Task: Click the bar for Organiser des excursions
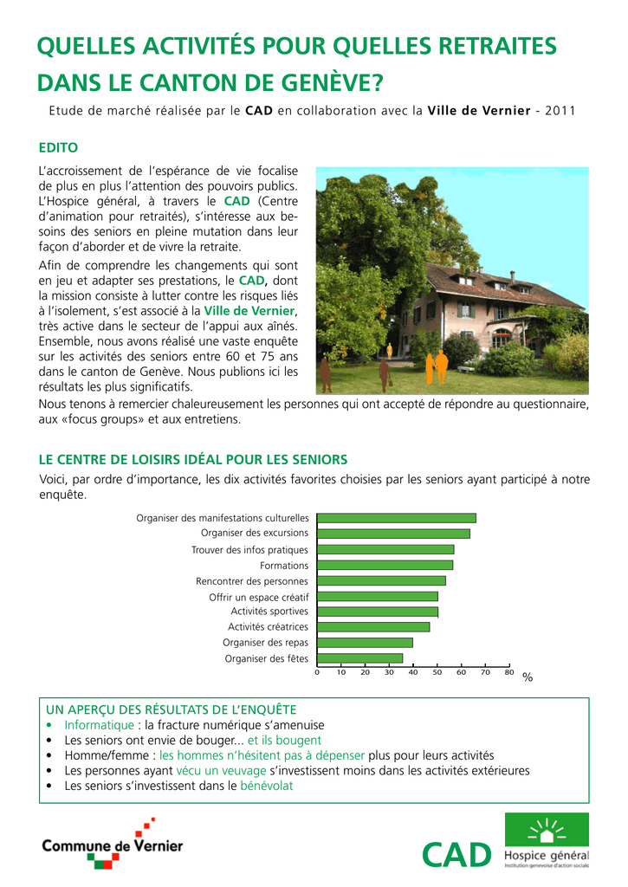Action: pos(393,534)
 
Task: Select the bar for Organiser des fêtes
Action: pos(359,658)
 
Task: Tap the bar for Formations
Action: pos(385,565)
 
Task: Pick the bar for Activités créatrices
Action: pos(373,627)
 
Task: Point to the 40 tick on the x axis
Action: pos(413,672)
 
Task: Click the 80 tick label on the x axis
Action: pos(509,672)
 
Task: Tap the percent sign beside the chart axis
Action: pos(528,678)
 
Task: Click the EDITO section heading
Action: pos(59,146)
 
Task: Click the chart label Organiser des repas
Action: pos(265,643)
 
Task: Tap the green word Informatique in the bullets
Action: pos(99,725)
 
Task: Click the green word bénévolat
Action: pos(266,786)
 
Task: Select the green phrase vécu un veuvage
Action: pos(221,770)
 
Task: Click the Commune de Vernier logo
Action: pos(113,845)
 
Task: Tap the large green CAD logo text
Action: pos(456,855)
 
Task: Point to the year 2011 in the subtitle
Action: pos(560,111)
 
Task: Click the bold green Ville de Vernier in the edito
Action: pos(249,311)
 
